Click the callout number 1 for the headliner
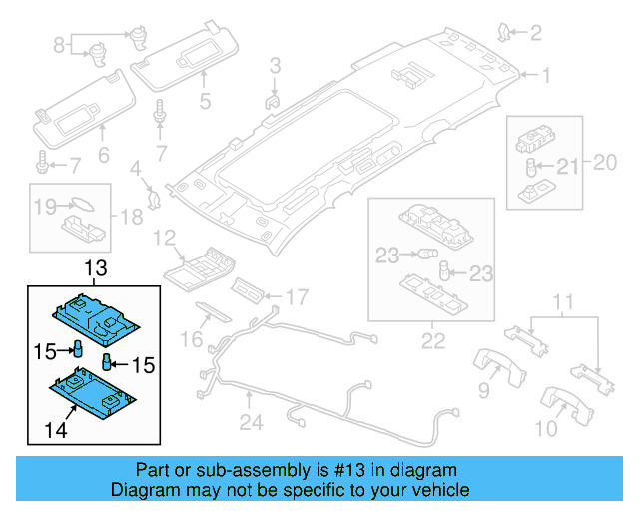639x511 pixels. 546,75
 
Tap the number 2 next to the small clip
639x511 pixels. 535,34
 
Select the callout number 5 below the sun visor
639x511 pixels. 204,100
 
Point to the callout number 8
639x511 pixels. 59,44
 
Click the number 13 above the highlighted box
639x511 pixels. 95,269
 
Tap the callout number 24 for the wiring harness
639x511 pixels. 250,422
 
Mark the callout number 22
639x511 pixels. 432,341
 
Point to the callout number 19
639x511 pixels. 44,207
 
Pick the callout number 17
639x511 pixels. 298,296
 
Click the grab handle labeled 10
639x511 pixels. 564,404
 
